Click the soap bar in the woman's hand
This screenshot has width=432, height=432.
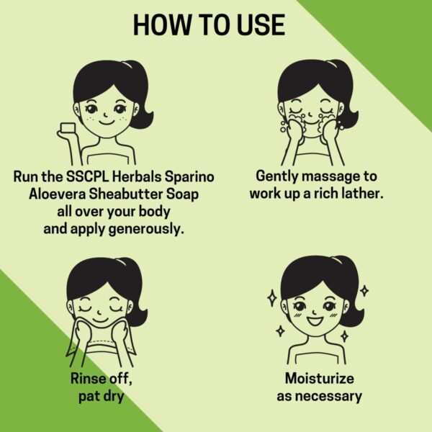pos(68,129)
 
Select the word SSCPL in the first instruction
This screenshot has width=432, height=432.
pos(88,176)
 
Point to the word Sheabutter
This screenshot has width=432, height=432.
pos(126,194)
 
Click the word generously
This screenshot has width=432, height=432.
pos(146,230)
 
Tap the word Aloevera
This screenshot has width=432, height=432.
pos(58,194)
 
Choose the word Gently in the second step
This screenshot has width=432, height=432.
pos(277,176)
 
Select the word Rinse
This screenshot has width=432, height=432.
pos(88,378)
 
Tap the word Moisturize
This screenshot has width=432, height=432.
pos(319,378)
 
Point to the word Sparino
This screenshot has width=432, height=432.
pos(189,176)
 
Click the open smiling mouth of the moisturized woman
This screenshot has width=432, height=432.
pos(315,321)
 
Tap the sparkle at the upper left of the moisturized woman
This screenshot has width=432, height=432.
pos(272,298)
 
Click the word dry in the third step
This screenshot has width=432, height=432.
pos(113,397)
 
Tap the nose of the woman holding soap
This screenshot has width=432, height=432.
pos(105,114)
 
